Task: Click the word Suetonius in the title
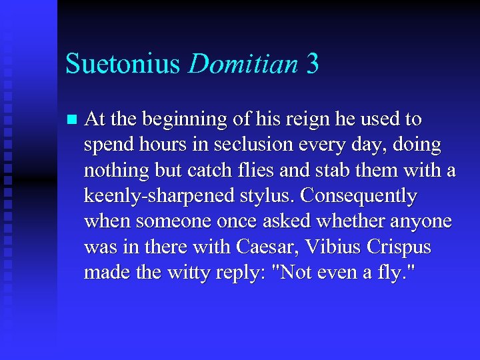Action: tap(123, 64)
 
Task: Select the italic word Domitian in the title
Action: tap(243, 64)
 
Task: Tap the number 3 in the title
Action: tap(313, 64)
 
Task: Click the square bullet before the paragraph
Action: tap(72, 120)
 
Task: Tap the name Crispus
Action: tap(401, 247)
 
